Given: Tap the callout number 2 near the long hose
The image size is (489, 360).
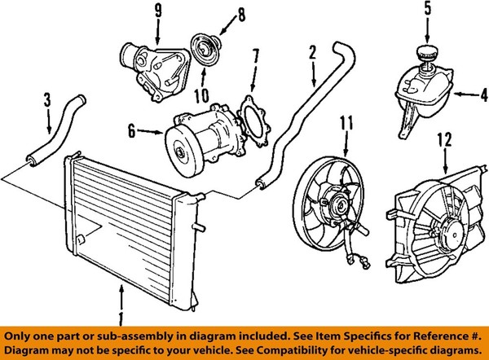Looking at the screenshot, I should click(311, 53).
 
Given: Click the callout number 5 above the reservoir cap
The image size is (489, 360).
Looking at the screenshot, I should click(426, 11).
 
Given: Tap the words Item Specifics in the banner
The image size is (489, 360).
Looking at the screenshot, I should click(324, 334).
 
